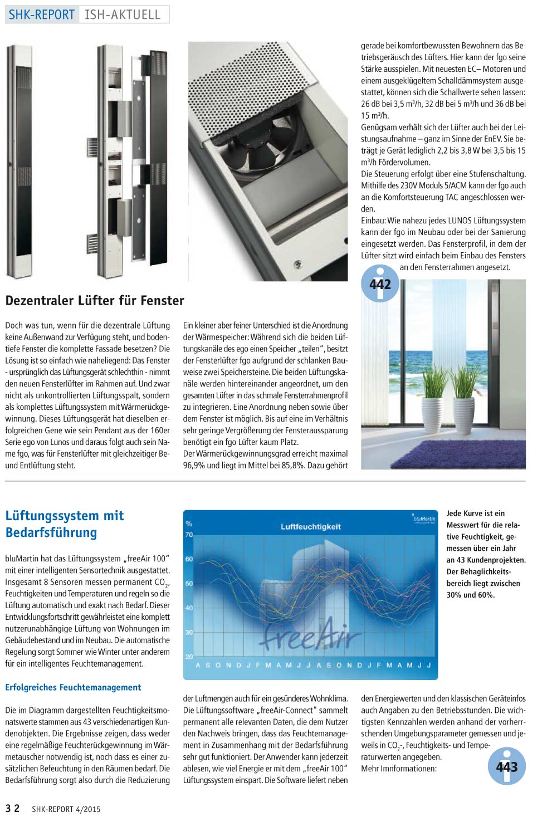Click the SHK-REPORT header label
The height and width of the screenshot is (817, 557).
(42, 14)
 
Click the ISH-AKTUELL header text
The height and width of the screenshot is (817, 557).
(123, 14)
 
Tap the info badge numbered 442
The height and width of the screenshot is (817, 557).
(380, 284)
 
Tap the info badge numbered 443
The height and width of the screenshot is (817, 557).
(507, 767)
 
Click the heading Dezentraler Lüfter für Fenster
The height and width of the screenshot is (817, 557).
(95, 301)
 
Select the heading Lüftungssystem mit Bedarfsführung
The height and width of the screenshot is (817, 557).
(64, 524)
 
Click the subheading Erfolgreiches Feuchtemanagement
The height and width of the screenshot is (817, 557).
(73, 687)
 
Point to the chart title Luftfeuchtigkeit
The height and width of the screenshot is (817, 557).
(310, 526)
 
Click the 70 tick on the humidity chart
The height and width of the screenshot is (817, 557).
(189, 535)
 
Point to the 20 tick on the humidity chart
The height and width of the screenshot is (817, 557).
(189, 657)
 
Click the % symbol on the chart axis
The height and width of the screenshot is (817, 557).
(189, 524)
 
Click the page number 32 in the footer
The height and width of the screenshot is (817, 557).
(13, 808)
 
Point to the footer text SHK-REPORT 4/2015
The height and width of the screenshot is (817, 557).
(66, 809)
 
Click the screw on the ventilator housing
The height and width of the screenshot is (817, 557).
(299, 262)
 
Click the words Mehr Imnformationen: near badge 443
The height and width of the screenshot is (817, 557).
(399, 769)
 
